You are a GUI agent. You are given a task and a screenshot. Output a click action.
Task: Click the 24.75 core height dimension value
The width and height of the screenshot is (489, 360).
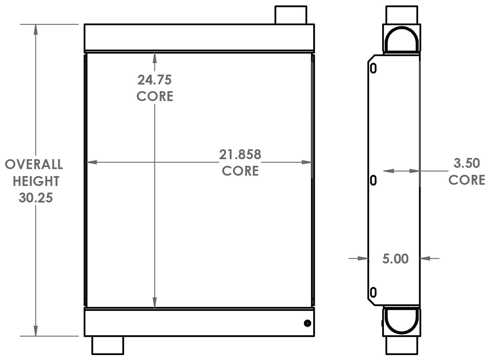pos(155,79)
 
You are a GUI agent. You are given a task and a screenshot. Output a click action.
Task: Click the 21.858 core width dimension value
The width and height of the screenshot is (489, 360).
pos(240,155)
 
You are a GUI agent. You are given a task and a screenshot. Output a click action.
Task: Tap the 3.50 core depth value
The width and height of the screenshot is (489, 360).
pos(467,163)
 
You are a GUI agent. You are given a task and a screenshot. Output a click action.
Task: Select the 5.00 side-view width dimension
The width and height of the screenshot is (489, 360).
pos(395,259)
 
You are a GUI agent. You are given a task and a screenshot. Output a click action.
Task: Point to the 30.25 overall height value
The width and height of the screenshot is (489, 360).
pos(35,198)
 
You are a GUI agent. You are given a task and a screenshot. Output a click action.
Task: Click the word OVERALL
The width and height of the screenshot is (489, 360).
pos(34,165)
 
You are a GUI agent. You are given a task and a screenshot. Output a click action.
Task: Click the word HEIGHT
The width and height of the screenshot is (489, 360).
pos(36,181)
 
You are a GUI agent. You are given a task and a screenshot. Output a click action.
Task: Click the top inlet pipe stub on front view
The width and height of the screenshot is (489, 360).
pos(291,15)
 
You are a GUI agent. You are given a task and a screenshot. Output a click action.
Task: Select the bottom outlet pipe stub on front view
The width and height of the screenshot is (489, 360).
pos(107,345)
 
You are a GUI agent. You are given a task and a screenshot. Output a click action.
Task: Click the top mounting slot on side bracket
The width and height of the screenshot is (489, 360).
pos(373,68)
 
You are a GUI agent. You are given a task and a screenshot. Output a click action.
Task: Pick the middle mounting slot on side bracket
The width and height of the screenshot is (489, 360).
pos(373,180)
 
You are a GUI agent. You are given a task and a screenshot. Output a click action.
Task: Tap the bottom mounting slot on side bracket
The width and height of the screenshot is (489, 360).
pos(373,292)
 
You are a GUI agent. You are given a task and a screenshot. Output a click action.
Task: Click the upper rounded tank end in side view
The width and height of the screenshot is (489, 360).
pos(402,40)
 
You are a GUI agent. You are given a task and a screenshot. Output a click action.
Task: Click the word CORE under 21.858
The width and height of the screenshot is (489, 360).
pos(240,171)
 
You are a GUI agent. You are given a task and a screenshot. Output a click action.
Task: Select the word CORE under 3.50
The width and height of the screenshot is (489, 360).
pos(467,180)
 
